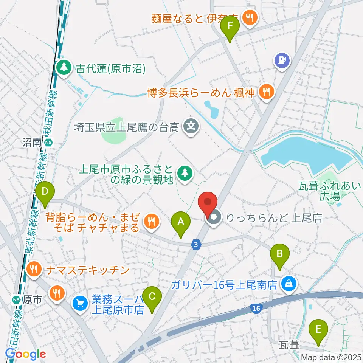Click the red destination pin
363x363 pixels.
tap(208, 204)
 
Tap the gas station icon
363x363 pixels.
tap(282, 60)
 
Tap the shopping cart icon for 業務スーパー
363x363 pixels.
tap(80, 302)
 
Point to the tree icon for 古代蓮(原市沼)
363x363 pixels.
tap(64, 68)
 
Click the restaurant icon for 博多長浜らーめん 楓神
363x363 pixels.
tap(267, 92)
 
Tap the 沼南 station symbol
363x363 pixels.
tap(48, 143)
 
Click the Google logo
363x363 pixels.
tap(25, 354)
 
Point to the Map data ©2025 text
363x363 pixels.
tap(332, 357)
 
